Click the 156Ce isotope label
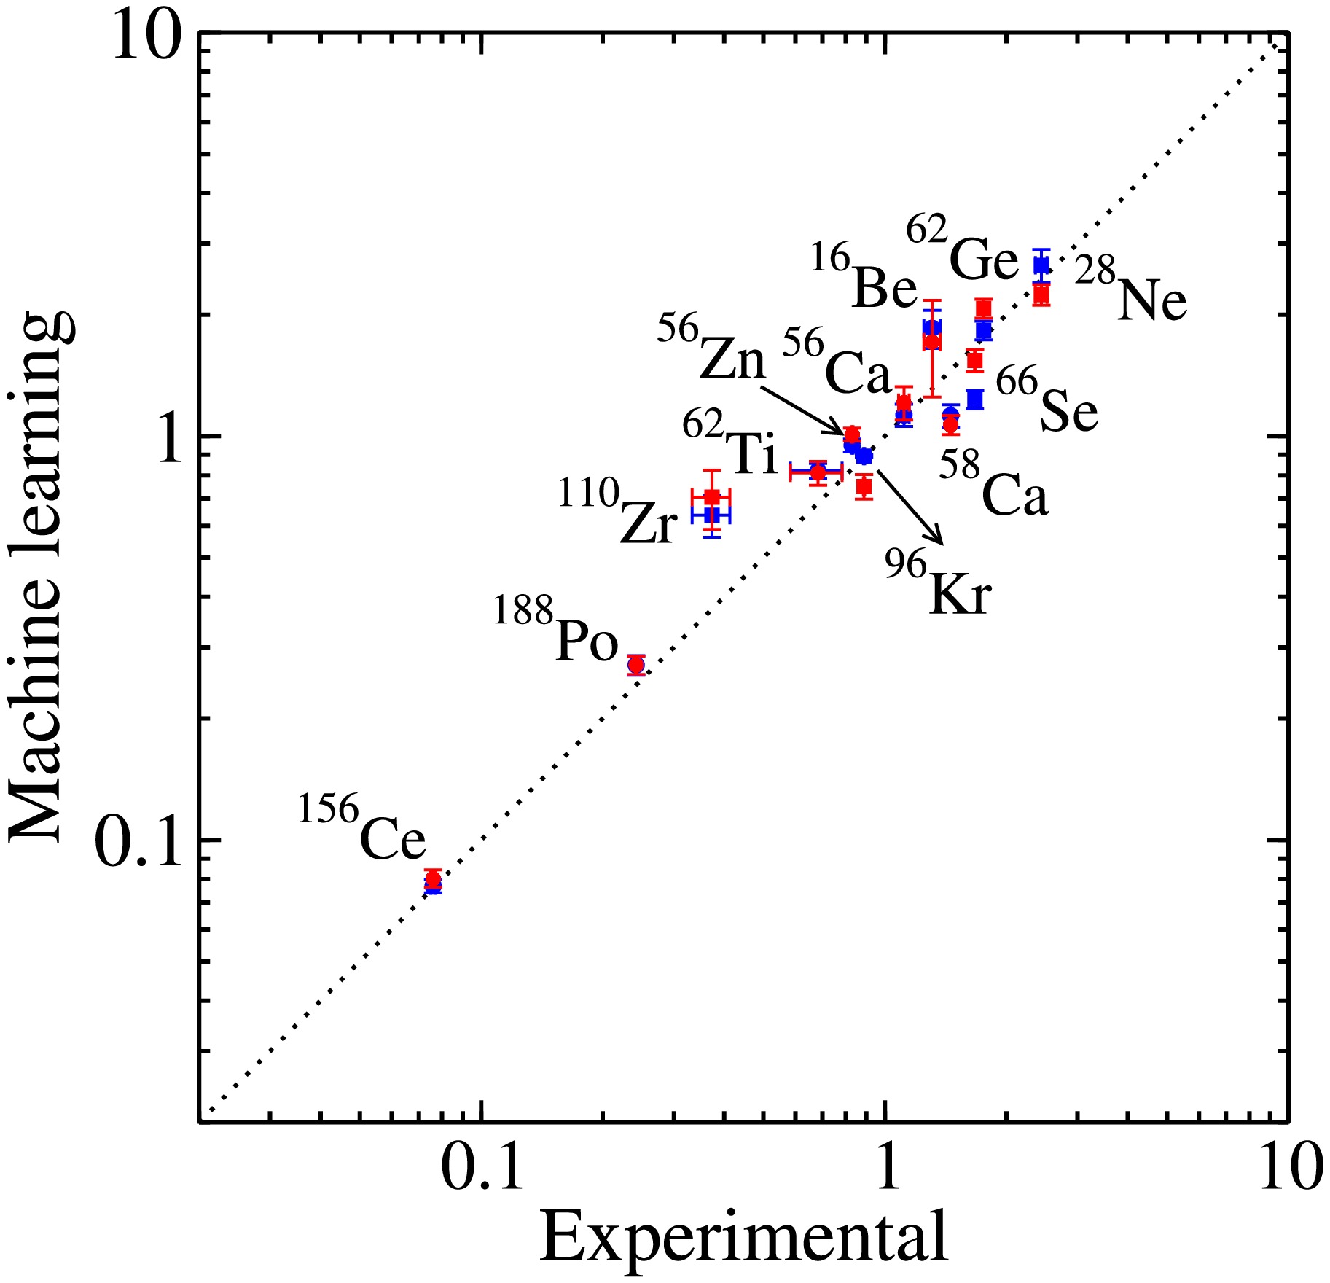tap(362, 830)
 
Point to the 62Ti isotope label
tap(730, 445)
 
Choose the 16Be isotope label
tap(864, 279)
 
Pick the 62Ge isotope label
tap(962, 250)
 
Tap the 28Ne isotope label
tap(1131, 292)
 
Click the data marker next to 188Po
tap(636, 665)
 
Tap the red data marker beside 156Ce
tap(434, 878)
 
